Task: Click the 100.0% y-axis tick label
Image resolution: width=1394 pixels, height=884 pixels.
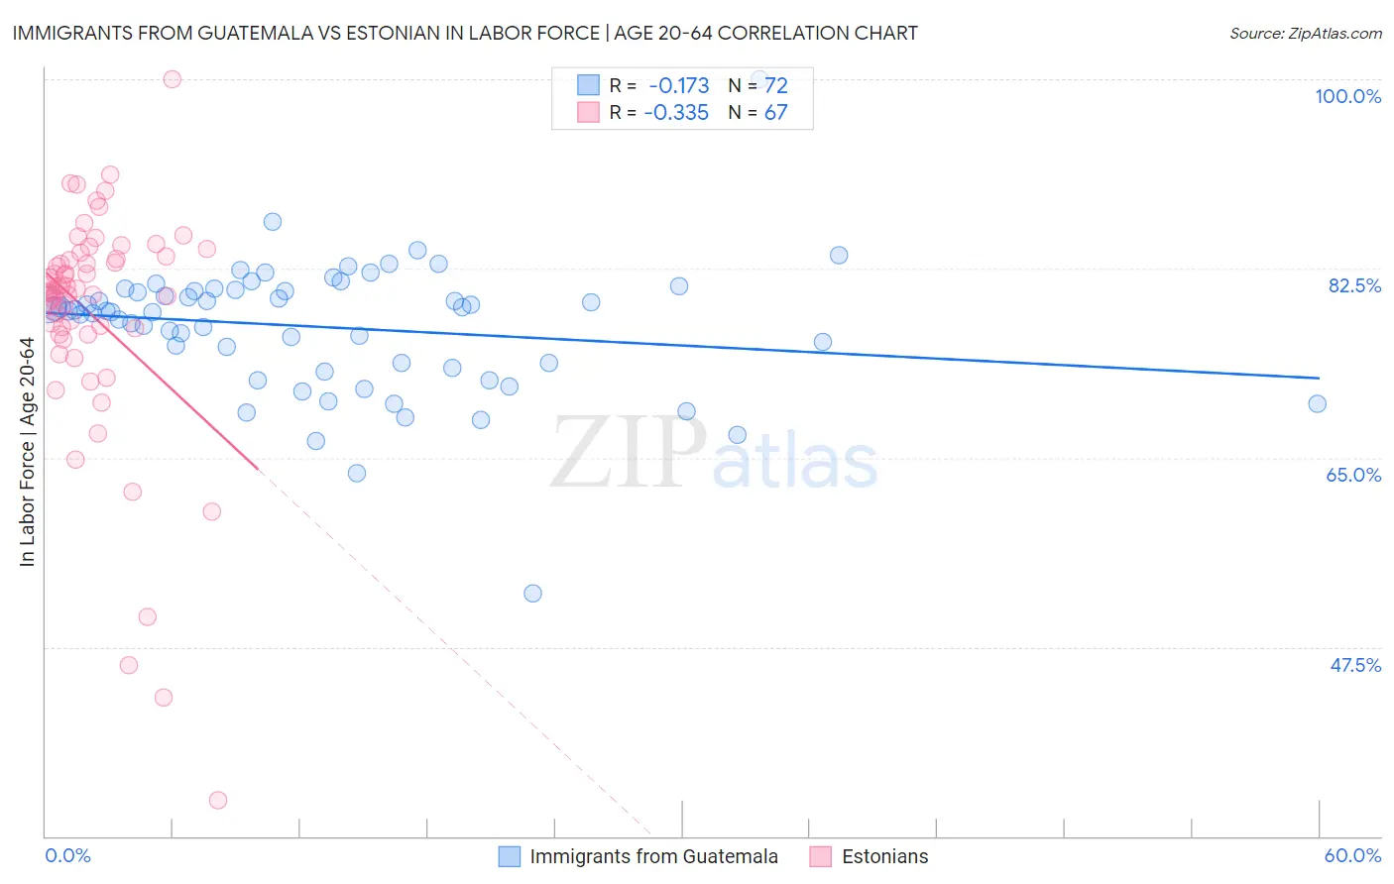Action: [x=1347, y=96]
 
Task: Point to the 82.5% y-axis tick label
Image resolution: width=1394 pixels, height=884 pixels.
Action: [x=1354, y=285]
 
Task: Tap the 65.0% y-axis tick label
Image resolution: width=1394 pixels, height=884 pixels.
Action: [x=1353, y=475]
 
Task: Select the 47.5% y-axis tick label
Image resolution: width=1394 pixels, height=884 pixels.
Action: [x=1355, y=665]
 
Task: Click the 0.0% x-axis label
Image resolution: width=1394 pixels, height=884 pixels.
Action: [x=68, y=855]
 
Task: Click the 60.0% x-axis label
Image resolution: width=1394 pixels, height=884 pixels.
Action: [x=1352, y=855]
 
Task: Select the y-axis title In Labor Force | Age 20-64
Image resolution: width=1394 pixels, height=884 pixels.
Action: [x=28, y=452]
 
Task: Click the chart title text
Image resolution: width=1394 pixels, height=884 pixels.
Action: [x=465, y=33]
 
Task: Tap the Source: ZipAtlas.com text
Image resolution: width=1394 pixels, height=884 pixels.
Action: [x=1305, y=33]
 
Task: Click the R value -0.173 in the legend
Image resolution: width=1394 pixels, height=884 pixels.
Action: [x=678, y=86]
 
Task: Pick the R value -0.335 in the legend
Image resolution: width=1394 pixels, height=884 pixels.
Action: [x=676, y=113]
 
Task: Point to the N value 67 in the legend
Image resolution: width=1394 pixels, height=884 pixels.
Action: [x=775, y=113]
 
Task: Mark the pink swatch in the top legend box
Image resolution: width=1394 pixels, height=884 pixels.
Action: [x=588, y=112]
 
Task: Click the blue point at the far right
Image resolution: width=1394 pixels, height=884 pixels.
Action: [x=1317, y=403]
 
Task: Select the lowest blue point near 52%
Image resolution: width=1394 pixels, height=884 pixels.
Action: [x=532, y=594]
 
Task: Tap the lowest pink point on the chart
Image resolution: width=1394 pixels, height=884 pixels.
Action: [x=218, y=800]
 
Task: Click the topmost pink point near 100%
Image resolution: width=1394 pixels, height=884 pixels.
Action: [x=173, y=79]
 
